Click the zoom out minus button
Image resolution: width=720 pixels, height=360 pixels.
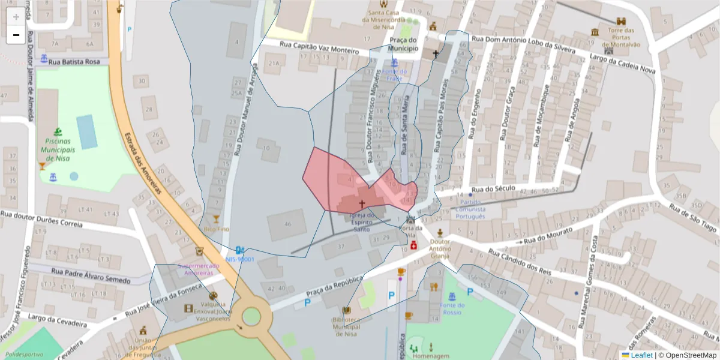tap(16, 35)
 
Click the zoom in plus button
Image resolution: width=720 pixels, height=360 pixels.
tap(16, 16)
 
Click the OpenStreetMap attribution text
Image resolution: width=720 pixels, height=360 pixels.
tap(687, 355)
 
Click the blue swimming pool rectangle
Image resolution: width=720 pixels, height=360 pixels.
tap(87, 131)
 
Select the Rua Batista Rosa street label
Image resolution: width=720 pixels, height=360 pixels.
tap(74, 61)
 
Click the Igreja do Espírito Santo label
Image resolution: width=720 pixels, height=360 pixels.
tap(362, 221)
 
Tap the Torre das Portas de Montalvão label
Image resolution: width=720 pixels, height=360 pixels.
tap(621, 37)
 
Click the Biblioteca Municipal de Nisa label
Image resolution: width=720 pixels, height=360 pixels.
tap(346, 327)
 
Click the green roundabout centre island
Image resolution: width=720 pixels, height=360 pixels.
tap(251, 315)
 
